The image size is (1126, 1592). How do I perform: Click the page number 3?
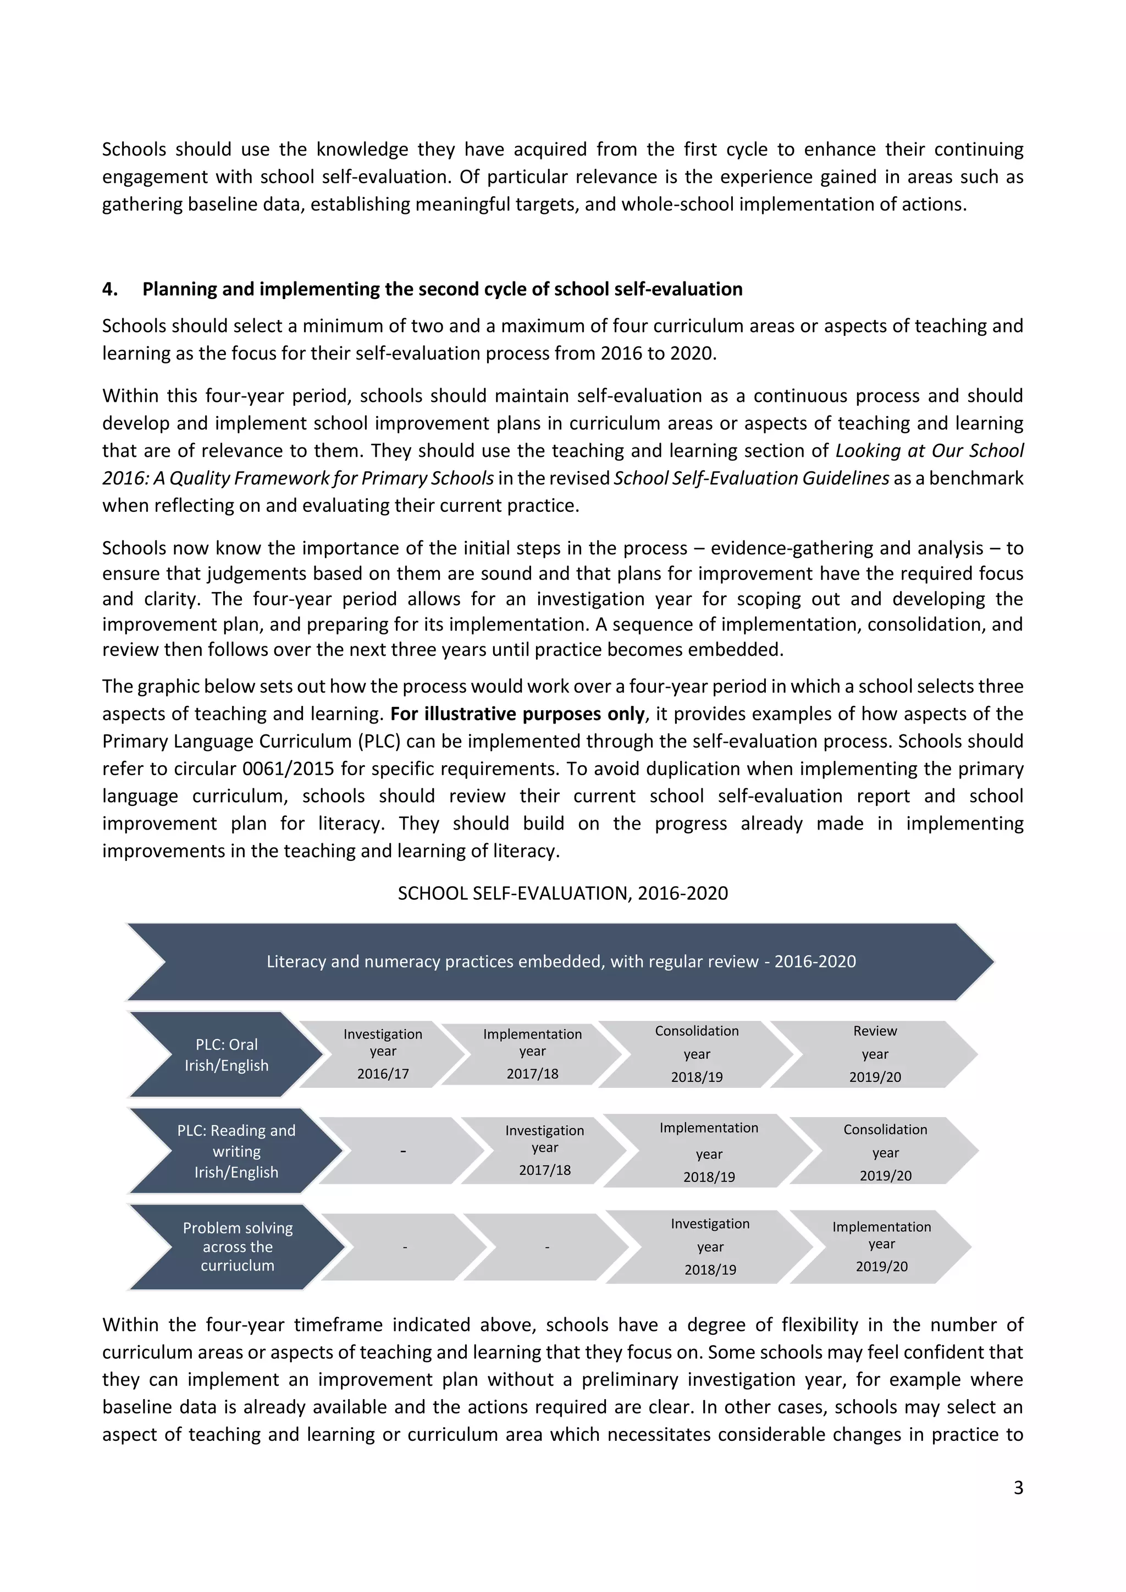1017,1488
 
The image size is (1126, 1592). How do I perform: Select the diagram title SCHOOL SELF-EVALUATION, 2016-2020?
562,893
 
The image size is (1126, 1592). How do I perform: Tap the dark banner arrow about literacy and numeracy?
561,961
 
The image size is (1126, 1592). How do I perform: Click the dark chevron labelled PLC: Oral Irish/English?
226,1054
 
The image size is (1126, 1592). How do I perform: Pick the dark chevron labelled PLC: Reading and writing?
236,1151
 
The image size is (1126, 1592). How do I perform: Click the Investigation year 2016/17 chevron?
383,1054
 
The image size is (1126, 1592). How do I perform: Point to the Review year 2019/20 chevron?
874,1054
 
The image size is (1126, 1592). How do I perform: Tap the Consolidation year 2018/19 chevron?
696,1054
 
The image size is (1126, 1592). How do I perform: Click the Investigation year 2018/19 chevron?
709,1247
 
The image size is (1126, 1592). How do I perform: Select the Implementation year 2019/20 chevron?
881,1247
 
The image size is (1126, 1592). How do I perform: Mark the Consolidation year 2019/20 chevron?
885,1151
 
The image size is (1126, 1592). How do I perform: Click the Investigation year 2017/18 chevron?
544,1151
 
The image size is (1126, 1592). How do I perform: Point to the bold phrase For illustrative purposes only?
517,714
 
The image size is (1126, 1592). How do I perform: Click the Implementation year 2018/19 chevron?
709,1151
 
